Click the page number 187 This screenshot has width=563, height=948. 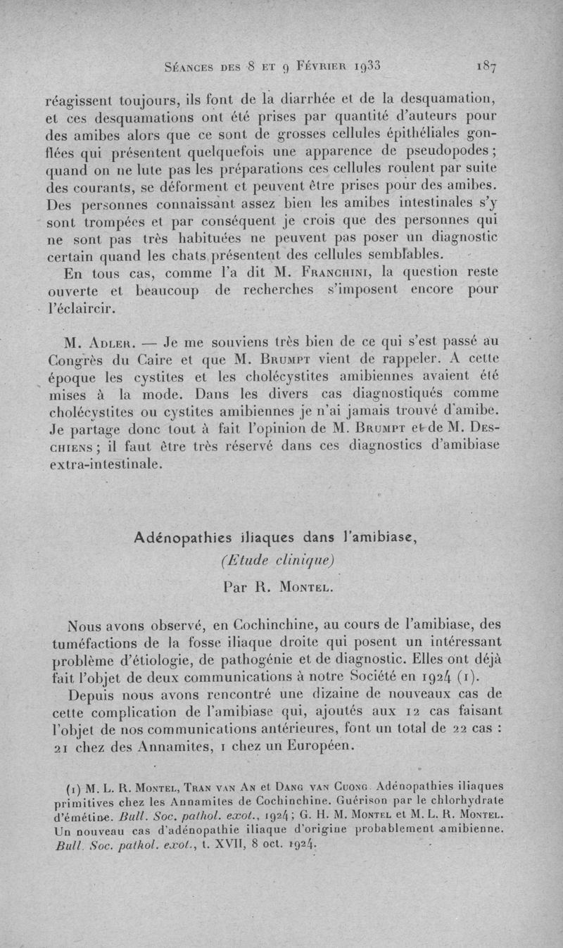(486, 68)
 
